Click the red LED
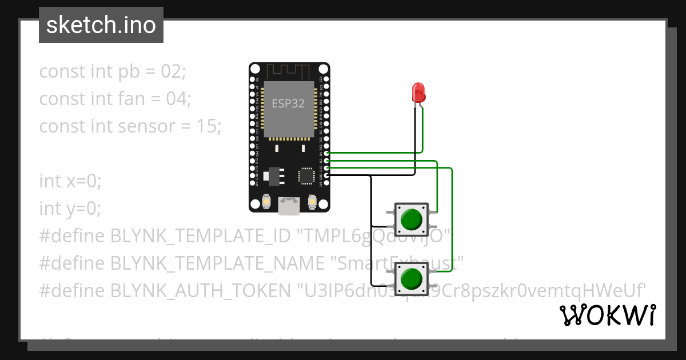click(x=418, y=92)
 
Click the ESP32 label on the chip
click(x=288, y=103)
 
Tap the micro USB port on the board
click(x=289, y=206)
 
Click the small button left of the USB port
click(x=266, y=202)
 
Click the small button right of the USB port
click(x=312, y=202)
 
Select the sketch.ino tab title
click(x=101, y=25)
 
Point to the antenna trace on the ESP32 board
click(x=289, y=71)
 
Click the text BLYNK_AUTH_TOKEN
click(x=200, y=291)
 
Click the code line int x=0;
click(x=70, y=181)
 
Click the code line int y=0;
click(x=70, y=209)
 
